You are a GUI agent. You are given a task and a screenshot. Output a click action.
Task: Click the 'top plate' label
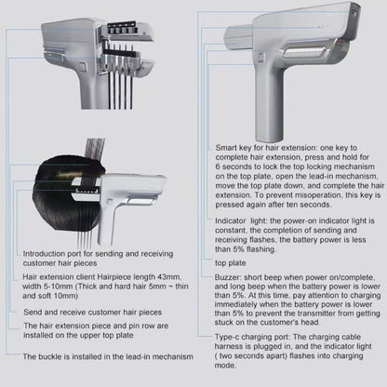[x=231, y=263]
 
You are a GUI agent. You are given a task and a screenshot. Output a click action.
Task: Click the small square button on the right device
[x=261, y=57]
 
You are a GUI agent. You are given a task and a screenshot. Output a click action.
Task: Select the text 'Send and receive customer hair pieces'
[x=93, y=313]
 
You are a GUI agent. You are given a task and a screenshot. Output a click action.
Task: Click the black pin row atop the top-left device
[x=122, y=27]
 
